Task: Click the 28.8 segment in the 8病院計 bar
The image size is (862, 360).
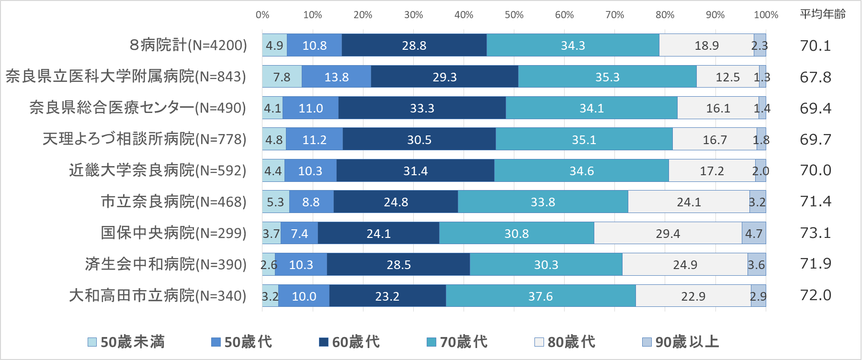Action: tap(414, 45)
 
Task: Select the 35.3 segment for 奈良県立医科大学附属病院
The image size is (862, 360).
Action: tap(607, 77)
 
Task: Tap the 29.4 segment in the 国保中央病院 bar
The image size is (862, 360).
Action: tap(668, 233)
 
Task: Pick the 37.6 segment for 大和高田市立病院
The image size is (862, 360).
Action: tap(540, 296)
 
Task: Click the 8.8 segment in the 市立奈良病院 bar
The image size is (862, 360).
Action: tap(311, 202)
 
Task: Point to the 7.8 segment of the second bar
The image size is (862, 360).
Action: tap(282, 77)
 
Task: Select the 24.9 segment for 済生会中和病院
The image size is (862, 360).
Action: tap(685, 264)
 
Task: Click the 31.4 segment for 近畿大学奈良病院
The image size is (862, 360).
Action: tap(415, 170)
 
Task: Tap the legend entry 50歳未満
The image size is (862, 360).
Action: tap(126, 342)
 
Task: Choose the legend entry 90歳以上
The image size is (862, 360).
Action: tap(681, 342)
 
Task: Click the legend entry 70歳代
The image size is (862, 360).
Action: tap(457, 342)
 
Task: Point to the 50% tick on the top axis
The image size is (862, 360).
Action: tap(514, 15)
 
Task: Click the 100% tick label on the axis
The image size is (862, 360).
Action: tap(766, 15)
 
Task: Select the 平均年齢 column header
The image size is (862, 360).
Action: tap(822, 14)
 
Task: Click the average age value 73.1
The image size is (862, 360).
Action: tap(816, 233)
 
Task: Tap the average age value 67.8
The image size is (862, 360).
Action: tap(816, 77)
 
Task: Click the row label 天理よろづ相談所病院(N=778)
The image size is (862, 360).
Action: tap(144, 139)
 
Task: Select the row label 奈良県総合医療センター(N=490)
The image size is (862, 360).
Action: tap(137, 108)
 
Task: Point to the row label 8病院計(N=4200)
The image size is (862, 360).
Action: tap(188, 45)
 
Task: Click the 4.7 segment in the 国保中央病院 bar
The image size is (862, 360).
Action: tap(754, 233)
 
